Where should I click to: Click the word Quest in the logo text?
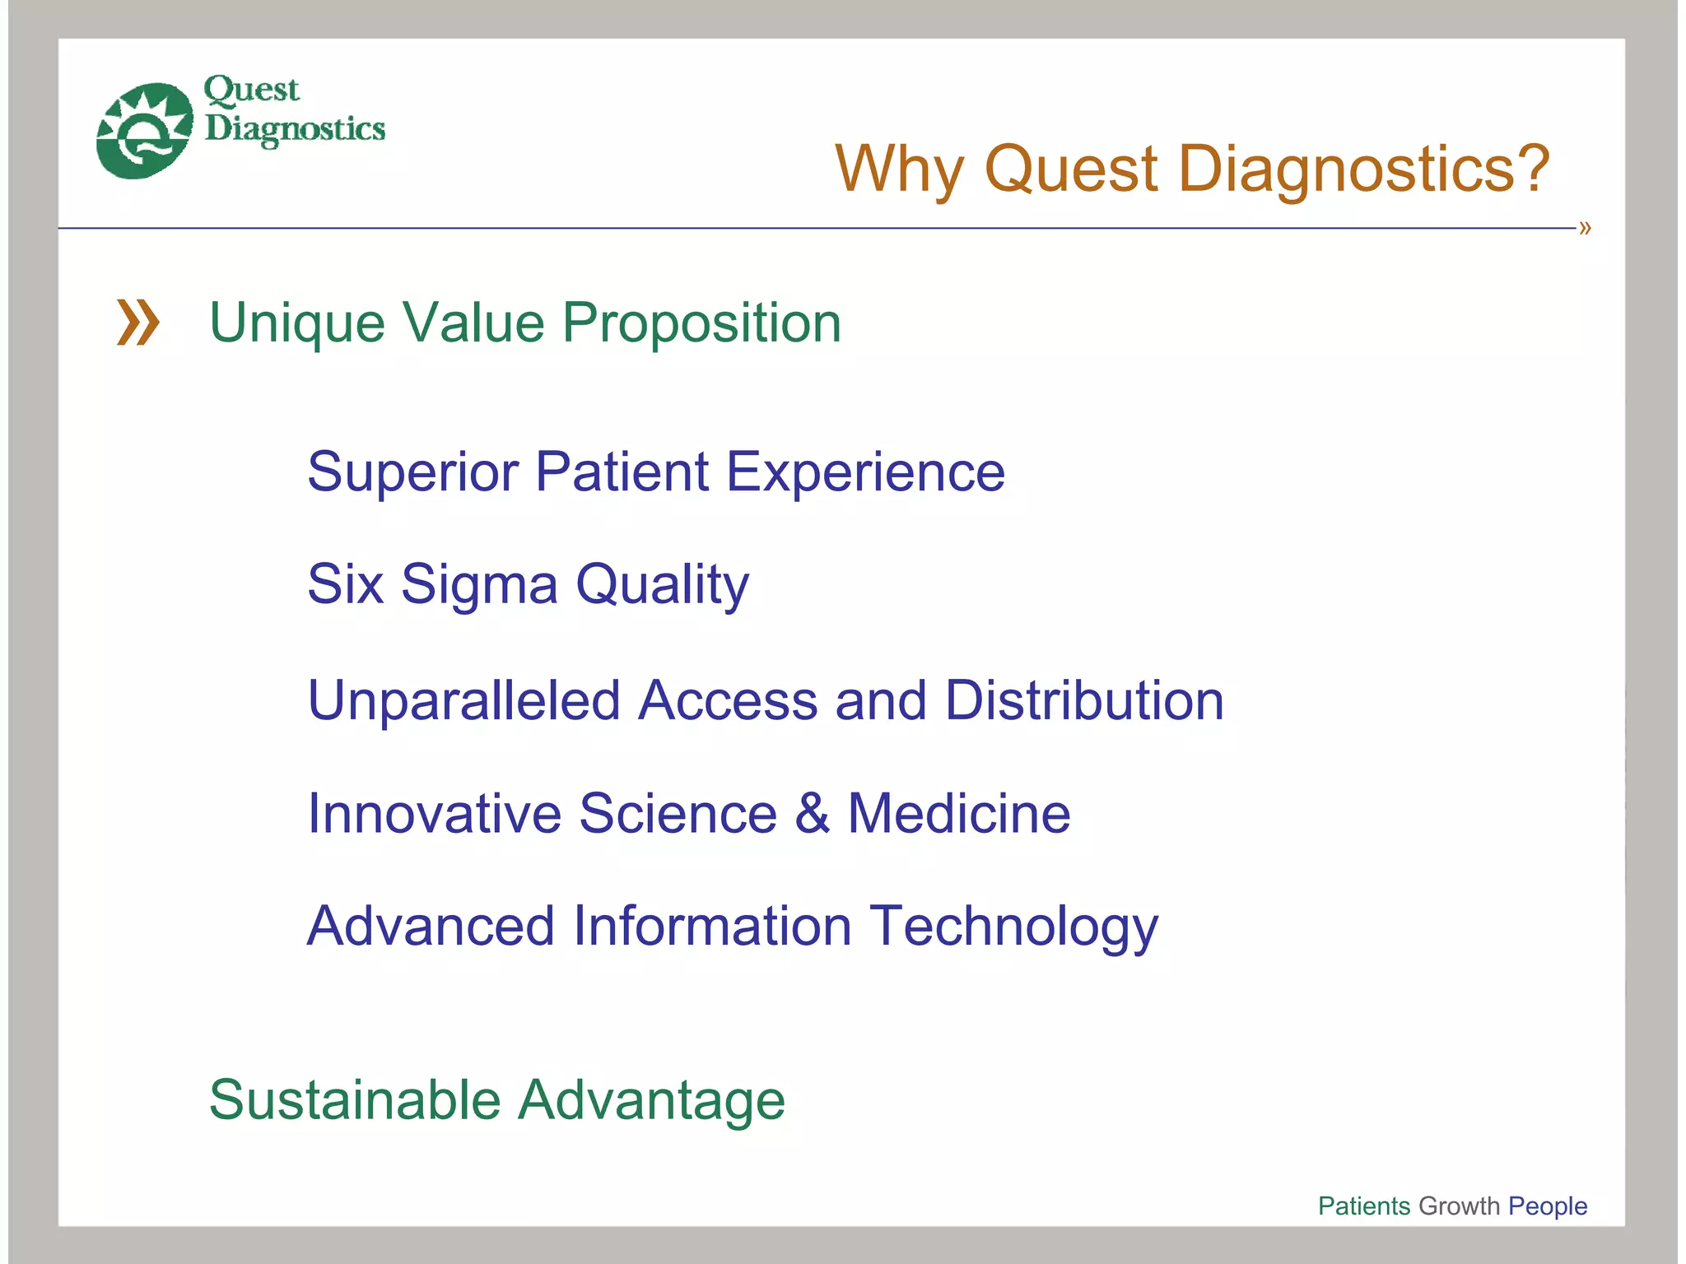[x=251, y=90]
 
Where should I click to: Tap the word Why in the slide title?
[x=898, y=169]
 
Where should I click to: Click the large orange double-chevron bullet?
[x=137, y=322]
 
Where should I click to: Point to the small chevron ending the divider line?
[x=1585, y=228]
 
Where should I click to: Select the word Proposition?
[x=701, y=323]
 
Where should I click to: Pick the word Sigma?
[x=479, y=584]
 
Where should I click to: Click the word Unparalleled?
[x=463, y=700]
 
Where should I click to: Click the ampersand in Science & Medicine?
[x=812, y=813]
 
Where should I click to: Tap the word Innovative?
[x=434, y=813]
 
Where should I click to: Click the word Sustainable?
[x=354, y=1099]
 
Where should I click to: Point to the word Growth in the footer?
[x=1459, y=1206]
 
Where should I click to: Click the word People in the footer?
[x=1547, y=1206]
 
